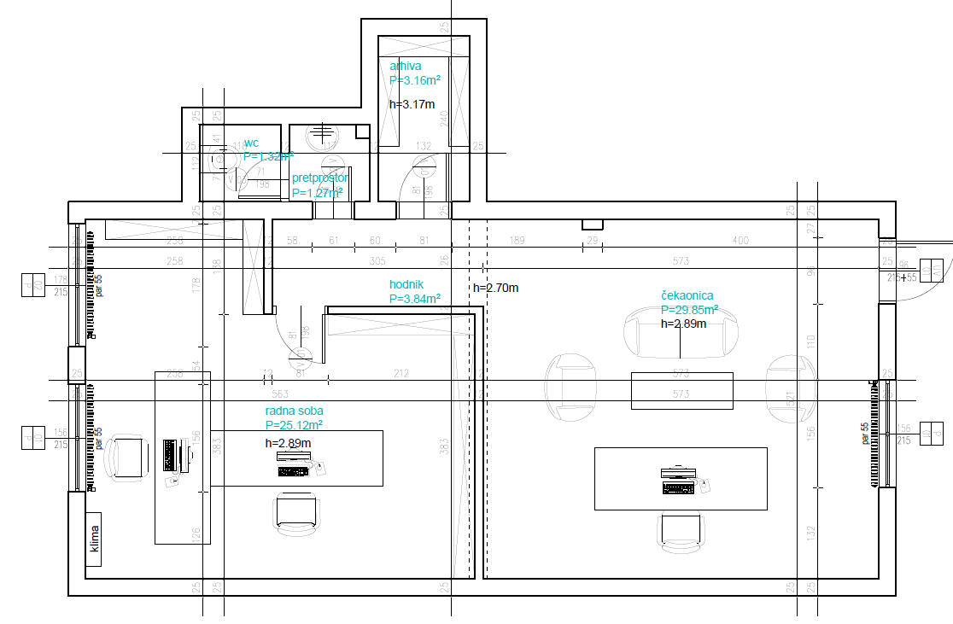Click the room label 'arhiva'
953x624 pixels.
coord(406,66)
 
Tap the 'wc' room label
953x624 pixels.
coord(251,143)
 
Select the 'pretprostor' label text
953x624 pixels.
coord(320,178)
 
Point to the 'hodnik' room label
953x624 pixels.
coord(407,284)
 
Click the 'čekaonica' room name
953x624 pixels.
coord(687,295)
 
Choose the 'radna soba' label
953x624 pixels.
coord(294,411)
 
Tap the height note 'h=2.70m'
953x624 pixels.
coord(495,288)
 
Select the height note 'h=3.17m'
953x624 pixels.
coord(412,104)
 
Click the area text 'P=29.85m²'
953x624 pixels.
coord(689,310)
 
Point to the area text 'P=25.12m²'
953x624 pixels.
coord(294,425)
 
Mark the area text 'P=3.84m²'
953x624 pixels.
coord(414,299)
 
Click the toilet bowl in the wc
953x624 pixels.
coord(222,158)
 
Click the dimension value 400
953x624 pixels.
coord(740,242)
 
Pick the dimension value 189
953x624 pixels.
coord(517,242)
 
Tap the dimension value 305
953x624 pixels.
coord(377,261)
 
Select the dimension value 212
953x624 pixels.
coord(401,373)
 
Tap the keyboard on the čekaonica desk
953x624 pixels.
coord(679,488)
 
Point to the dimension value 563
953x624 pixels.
coord(280,394)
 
